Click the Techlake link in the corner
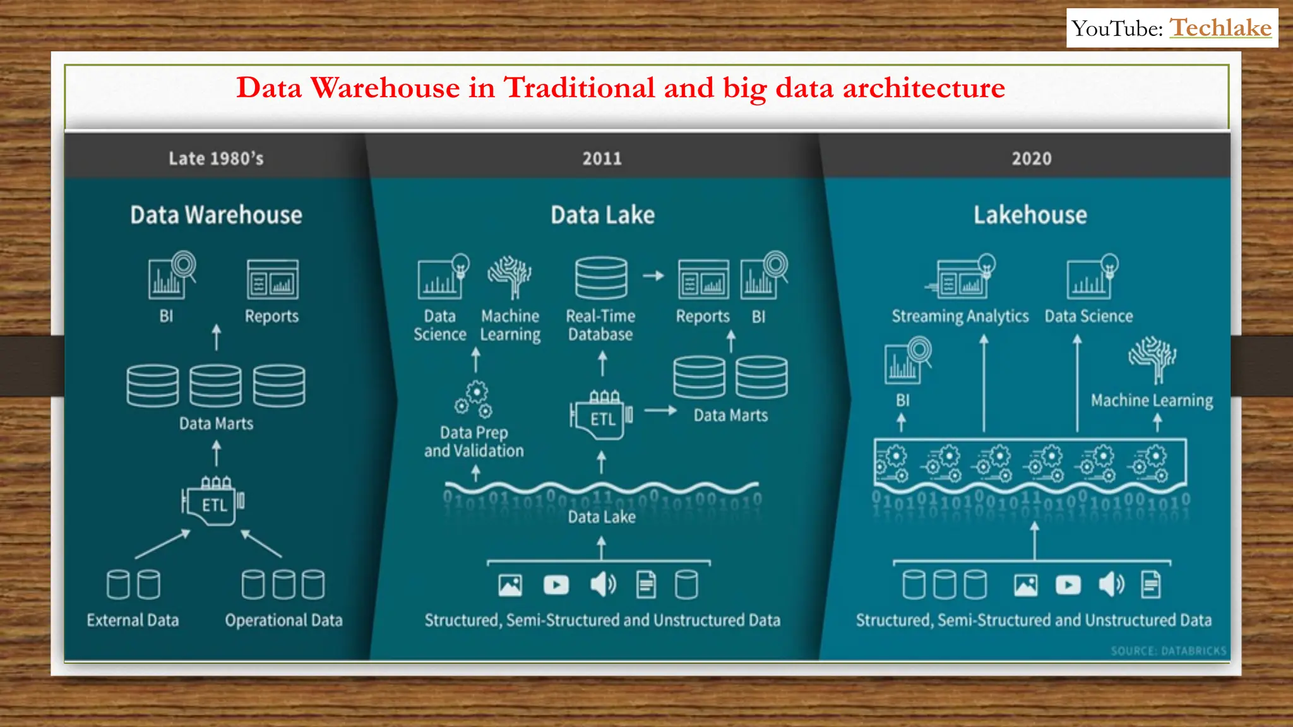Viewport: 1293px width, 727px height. [x=1220, y=28]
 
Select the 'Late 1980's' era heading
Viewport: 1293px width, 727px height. [x=216, y=158]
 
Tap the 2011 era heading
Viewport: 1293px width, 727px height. [x=602, y=158]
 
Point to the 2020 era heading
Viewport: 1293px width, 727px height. [x=1032, y=158]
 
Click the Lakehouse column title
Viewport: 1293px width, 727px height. [x=1030, y=215]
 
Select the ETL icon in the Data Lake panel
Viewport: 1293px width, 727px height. [x=602, y=417]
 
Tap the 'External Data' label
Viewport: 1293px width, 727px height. [x=133, y=620]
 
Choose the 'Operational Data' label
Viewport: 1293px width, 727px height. [x=283, y=620]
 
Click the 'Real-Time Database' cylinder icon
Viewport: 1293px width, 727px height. [x=601, y=278]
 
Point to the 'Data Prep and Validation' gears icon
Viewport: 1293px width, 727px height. [x=474, y=399]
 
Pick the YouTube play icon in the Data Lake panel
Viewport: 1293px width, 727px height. [x=556, y=585]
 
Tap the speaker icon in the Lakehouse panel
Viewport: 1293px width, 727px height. [x=1111, y=585]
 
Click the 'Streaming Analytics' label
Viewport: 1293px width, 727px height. [x=960, y=316]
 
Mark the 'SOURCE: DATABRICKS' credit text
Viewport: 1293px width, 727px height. [x=1168, y=651]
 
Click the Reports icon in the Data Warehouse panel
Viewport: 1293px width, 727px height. [x=272, y=280]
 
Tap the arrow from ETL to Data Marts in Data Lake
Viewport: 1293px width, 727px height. [x=660, y=410]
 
